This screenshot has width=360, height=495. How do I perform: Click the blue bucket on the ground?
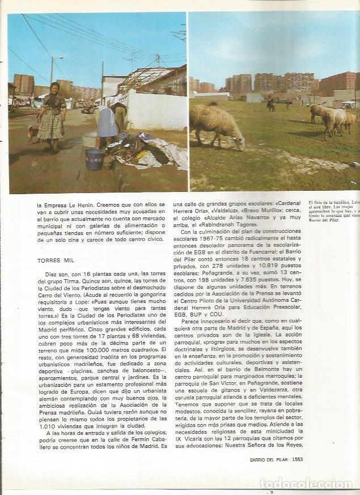(x=94, y=159)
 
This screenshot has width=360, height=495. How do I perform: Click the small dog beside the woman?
(x=33, y=132)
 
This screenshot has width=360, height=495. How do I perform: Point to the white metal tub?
(x=90, y=139)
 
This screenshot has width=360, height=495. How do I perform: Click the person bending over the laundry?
(x=108, y=125)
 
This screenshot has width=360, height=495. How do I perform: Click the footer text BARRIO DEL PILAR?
(x=269, y=459)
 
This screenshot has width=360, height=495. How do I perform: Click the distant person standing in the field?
(x=271, y=104)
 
